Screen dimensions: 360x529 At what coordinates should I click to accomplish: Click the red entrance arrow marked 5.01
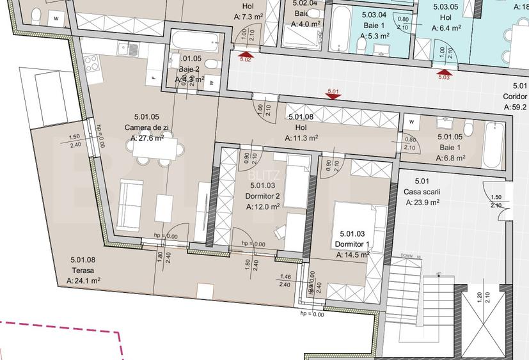333,97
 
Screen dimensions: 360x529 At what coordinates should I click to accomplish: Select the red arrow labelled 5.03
444,73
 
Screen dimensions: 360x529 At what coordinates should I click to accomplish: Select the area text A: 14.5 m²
353,254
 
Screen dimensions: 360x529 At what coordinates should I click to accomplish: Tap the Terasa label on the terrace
83,270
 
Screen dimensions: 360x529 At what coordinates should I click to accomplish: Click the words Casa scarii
423,192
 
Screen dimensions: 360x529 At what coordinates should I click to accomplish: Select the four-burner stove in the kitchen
91,63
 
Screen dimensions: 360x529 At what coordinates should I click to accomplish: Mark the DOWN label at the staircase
406,255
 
